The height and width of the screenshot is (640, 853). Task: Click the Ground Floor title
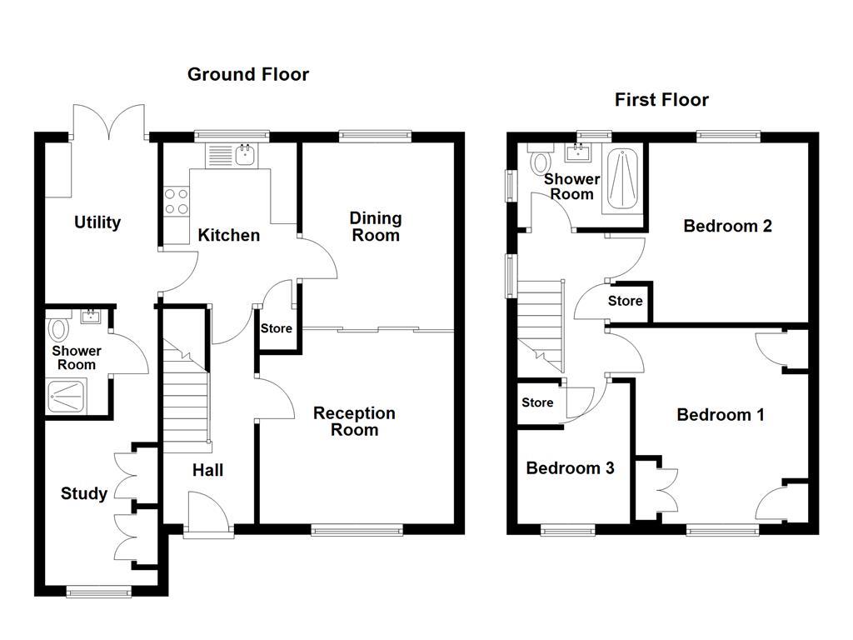click(247, 74)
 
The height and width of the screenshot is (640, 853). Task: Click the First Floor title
click(661, 100)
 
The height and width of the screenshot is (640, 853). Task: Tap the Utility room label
click(97, 222)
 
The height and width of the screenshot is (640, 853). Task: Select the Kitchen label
click(228, 235)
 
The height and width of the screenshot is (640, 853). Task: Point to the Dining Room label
click(375, 226)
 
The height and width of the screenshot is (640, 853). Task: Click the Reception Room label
click(354, 422)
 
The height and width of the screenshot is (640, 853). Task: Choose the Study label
click(84, 493)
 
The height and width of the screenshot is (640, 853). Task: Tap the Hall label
click(207, 470)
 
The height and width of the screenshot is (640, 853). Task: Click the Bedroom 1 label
click(721, 415)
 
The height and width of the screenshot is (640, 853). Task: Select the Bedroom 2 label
click(727, 226)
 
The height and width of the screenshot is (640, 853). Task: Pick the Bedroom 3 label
click(570, 468)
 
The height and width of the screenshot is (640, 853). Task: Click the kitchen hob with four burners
click(176, 202)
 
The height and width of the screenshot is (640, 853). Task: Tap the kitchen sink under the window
click(245, 154)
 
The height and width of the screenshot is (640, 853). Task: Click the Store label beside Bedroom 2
click(625, 301)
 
